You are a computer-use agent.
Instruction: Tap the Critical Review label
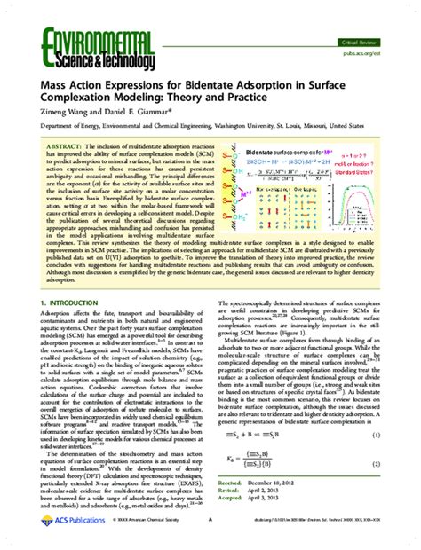point(355,42)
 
